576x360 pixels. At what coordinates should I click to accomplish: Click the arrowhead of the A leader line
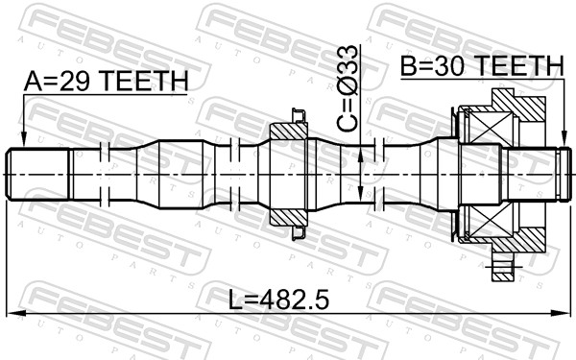point(24,141)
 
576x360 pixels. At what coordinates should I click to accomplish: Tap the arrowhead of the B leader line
point(561,141)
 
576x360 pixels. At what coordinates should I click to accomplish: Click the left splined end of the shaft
point(38,173)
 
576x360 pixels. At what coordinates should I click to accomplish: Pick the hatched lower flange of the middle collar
point(287,216)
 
